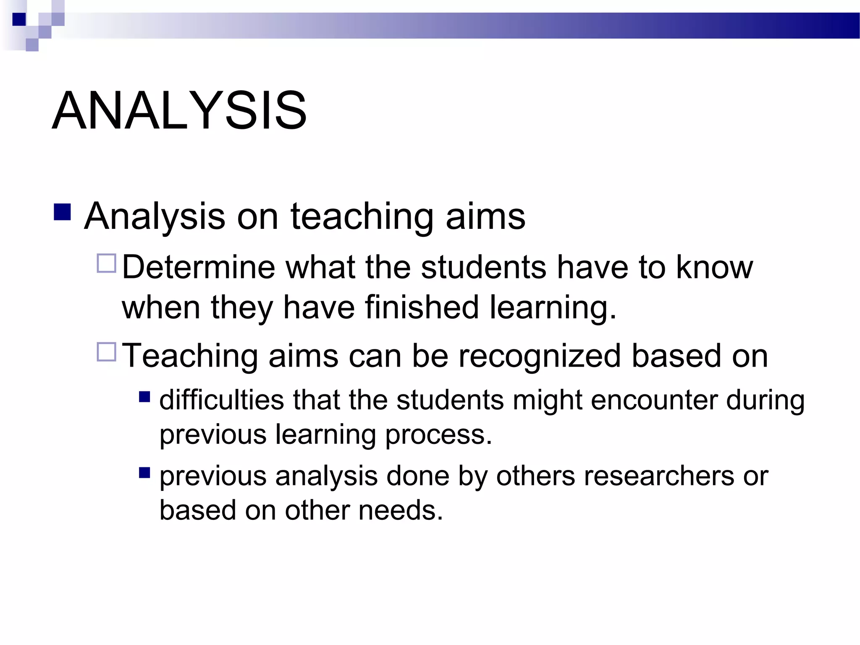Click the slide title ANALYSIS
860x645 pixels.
point(179,110)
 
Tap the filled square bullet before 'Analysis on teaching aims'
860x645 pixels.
point(62,212)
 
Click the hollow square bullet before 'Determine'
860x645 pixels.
point(106,264)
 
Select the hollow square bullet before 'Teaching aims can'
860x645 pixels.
point(106,352)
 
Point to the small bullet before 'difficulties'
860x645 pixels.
point(144,397)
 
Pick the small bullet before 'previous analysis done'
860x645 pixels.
point(144,473)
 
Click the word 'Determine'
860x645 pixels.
point(198,267)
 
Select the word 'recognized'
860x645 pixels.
point(539,356)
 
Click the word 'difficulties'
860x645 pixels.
point(222,400)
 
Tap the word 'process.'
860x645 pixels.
point(438,434)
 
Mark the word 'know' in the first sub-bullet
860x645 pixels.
point(715,267)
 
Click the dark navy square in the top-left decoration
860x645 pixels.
point(19,19)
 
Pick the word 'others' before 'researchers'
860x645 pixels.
point(535,476)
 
